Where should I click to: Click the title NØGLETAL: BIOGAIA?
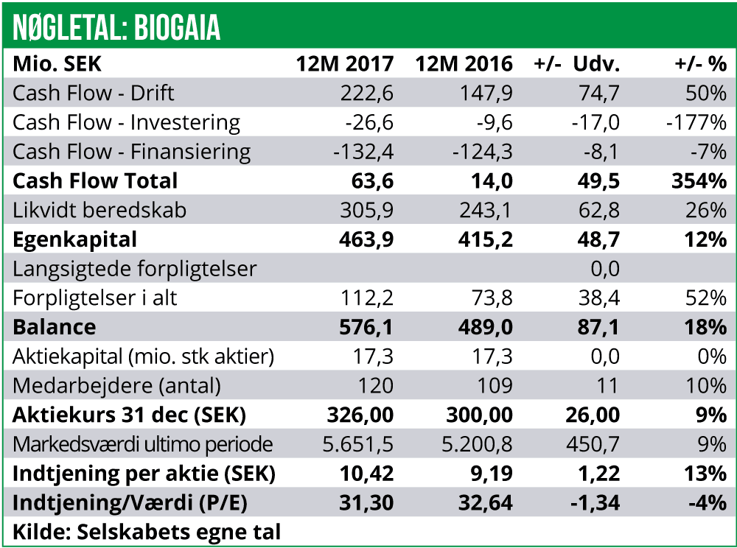click(116, 28)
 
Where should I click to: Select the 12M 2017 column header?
click(345, 64)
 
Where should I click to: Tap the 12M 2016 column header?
click(464, 64)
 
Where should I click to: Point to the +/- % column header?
click(700, 64)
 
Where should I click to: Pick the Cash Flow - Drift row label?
click(94, 93)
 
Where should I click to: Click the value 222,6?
click(367, 93)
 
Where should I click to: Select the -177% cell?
click(696, 122)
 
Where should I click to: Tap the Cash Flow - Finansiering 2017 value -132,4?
click(363, 152)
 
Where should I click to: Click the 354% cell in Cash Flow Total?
click(700, 181)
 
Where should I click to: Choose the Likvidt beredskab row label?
click(99, 211)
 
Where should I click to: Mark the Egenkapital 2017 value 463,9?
click(367, 239)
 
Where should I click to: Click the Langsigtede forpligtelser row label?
click(135, 269)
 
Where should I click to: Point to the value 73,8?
click(490, 298)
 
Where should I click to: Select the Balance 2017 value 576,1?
click(367, 327)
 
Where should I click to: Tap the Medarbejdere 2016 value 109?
click(495, 386)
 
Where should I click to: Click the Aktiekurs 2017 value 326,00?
click(360, 415)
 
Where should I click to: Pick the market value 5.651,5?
click(358, 445)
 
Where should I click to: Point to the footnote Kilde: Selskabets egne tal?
click(147, 532)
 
